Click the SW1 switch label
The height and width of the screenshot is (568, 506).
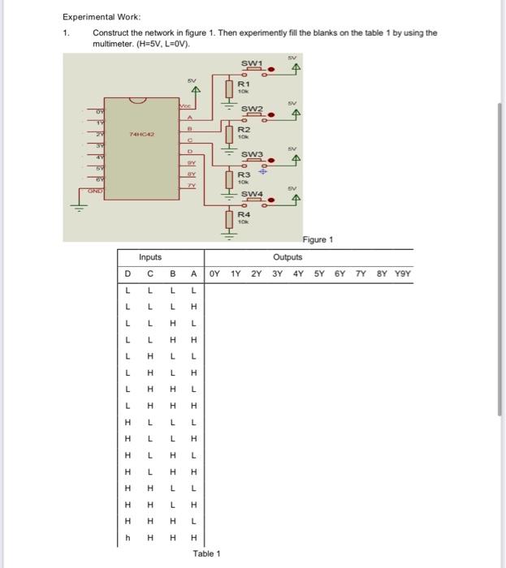point(252,63)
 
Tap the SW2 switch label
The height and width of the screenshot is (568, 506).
point(252,109)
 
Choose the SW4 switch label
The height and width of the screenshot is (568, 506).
point(252,195)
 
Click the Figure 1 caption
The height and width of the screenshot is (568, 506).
point(318,239)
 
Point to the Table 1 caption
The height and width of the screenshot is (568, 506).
point(206,553)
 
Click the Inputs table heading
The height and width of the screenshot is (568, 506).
point(150,257)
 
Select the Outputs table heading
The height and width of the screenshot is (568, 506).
point(288,257)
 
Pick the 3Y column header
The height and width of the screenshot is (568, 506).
point(278,273)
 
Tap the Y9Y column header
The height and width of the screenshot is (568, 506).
point(403,273)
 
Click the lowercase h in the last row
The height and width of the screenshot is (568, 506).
point(128,537)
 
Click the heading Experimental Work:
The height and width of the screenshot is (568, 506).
point(101,16)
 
